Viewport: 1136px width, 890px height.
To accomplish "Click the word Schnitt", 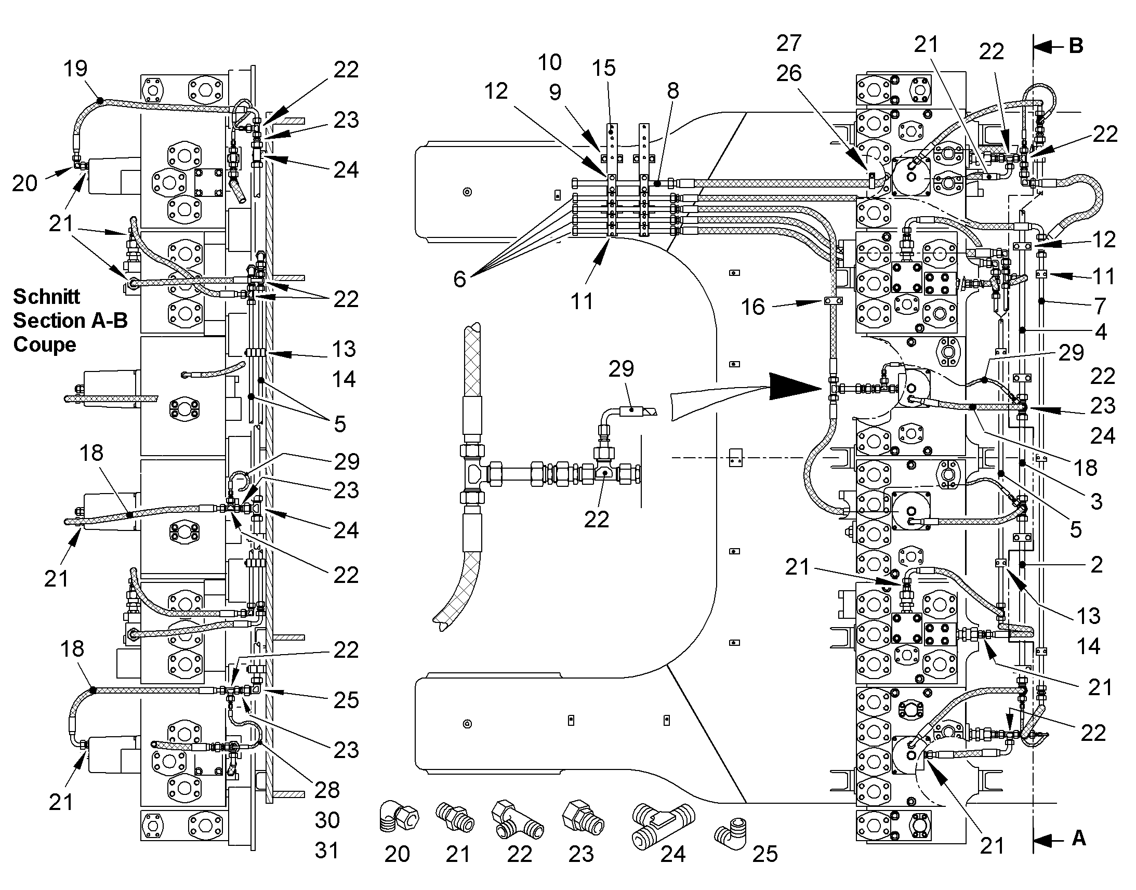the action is click(46, 297).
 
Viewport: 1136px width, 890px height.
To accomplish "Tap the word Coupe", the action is click(45, 344).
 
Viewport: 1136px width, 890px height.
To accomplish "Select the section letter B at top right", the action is click(1076, 46).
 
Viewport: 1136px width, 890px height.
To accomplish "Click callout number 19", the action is click(75, 68).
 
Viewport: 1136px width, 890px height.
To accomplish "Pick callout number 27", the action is click(788, 43).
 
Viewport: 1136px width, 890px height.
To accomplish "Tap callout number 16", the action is click(753, 307).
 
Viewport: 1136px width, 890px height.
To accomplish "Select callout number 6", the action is click(459, 279).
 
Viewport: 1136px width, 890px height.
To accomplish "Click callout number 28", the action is click(327, 790).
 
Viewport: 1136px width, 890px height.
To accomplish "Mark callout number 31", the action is click(327, 851).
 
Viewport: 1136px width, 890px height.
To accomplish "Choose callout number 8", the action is click(673, 91).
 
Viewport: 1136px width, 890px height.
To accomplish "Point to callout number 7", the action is click(1100, 306).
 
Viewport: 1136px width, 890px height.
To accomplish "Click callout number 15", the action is click(604, 68).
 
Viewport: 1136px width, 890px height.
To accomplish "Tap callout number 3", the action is click(1097, 501).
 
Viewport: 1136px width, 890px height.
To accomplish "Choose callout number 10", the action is click(549, 62).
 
